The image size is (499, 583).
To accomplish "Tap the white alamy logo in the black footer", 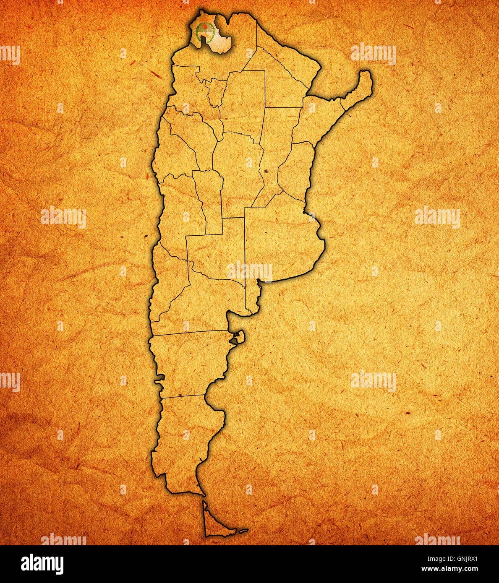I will click(x=42, y=564).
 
